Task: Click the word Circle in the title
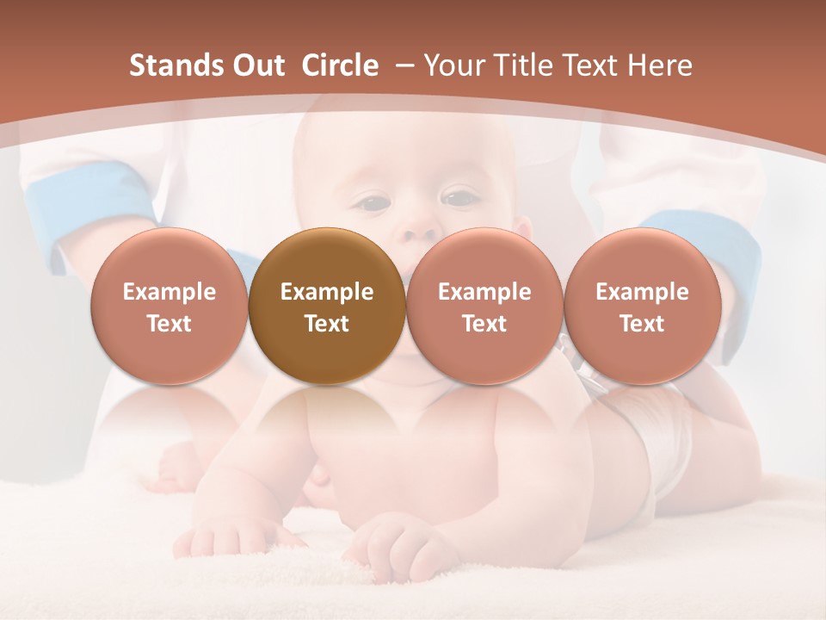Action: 340,65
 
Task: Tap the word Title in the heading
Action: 533,65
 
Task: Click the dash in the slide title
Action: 401,65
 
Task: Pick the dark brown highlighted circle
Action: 327,306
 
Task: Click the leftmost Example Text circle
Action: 170,306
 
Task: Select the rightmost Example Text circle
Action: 642,306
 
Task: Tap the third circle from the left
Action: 484,306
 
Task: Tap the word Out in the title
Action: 256,65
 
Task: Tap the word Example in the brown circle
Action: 327,292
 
